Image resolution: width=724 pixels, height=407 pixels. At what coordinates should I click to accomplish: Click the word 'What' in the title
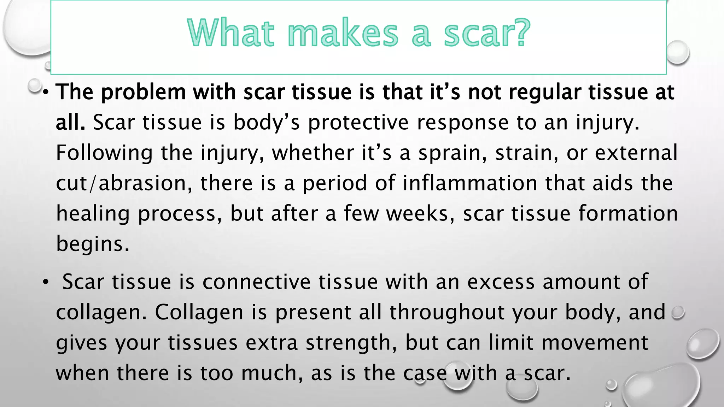231,33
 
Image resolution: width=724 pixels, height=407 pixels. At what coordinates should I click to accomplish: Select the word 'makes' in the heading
343,33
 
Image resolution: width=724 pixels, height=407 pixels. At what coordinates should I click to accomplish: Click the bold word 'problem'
143,92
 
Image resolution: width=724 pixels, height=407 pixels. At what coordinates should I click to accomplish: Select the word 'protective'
358,123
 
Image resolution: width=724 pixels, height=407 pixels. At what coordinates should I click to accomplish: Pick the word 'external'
636,153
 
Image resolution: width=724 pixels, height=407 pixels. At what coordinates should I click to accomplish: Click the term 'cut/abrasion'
124,183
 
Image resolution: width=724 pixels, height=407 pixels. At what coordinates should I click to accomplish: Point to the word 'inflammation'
469,183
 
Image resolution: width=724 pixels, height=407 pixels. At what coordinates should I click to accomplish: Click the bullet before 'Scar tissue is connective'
45,282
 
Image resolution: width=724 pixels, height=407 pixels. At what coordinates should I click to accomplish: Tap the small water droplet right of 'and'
678,312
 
